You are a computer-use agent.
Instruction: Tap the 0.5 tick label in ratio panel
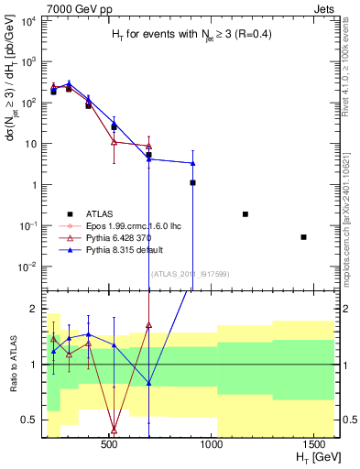click(x=29, y=420)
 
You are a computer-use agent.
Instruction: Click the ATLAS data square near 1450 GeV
click(x=303, y=237)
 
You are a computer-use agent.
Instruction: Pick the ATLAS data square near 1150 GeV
click(x=245, y=214)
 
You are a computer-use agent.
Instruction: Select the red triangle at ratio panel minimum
click(x=114, y=430)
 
